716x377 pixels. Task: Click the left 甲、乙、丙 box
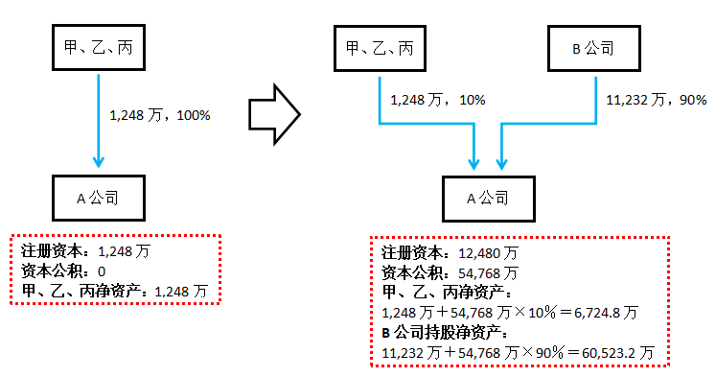(x=97, y=46)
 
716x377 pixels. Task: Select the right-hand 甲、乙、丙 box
(x=381, y=46)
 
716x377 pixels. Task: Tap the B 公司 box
(x=593, y=46)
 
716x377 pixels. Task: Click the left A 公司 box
(x=97, y=199)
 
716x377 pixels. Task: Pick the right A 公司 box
(x=488, y=199)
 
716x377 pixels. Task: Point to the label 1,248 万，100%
(x=160, y=115)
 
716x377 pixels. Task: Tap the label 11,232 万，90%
(x=656, y=100)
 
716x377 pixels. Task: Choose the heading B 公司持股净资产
(x=445, y=333)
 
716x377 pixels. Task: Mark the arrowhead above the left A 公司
(x=98, y=160)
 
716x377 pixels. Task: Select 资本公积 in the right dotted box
(x=413, y=272)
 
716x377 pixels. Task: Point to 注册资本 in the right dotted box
(x=413, y=253)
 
